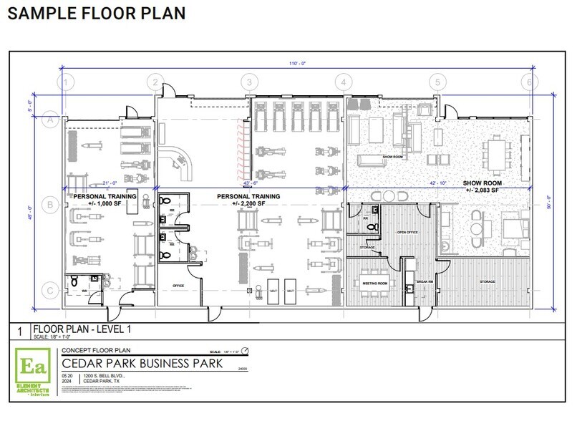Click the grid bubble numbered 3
[x=248, y=82]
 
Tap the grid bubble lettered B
[x=49, y=205]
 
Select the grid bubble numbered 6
[x=529, y=82]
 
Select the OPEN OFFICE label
[x=407, y=233]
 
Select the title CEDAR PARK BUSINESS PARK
[x=142, y=363]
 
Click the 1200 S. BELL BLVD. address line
[x=104, y=376]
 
